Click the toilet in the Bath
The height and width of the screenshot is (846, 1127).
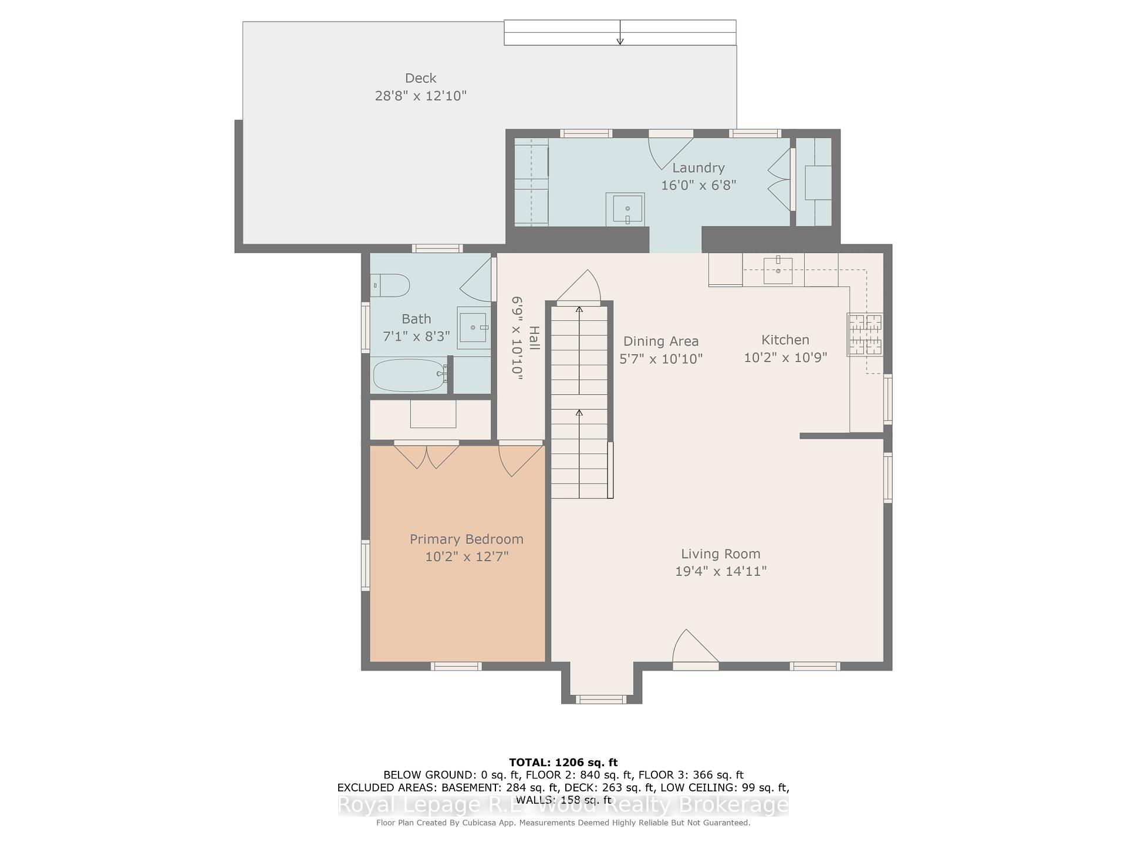(x=391, y=286)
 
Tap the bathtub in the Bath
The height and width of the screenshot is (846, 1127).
(x=409, y=375)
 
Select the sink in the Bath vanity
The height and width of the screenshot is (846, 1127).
(x=473, y=327)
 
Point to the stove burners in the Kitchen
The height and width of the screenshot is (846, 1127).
(x=865, y=335)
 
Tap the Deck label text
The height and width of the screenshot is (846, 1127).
(x=421, y=78)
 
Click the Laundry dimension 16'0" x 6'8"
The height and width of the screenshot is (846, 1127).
(x=699, y=185)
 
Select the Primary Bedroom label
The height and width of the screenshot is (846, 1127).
(x=467, y=539)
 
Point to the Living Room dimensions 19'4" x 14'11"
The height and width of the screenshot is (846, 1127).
(x=721, y=571)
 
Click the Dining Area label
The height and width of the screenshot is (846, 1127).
(x=661, y=341)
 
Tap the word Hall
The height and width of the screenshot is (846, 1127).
(x=534, y=338)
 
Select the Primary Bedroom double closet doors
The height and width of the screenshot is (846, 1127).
(x=427, y=456)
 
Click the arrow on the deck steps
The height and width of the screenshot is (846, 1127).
(x=620, y=32)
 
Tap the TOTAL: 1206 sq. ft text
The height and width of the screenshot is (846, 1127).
(x=563, y=763)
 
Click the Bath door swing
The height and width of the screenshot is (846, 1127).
(x=475, y=280)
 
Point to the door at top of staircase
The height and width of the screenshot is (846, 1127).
(x=579, y=287)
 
